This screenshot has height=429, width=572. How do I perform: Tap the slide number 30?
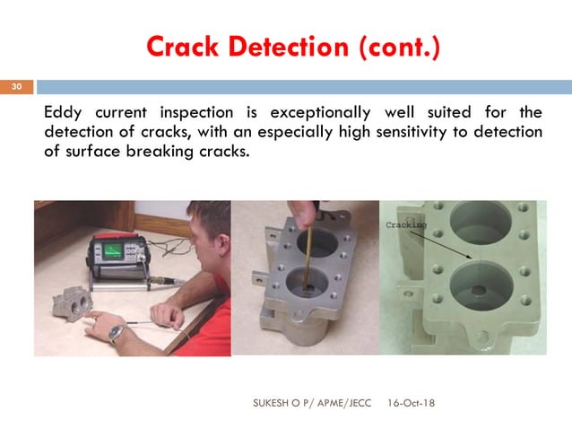(15, 88)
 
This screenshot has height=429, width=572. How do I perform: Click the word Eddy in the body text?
(65, 113)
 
